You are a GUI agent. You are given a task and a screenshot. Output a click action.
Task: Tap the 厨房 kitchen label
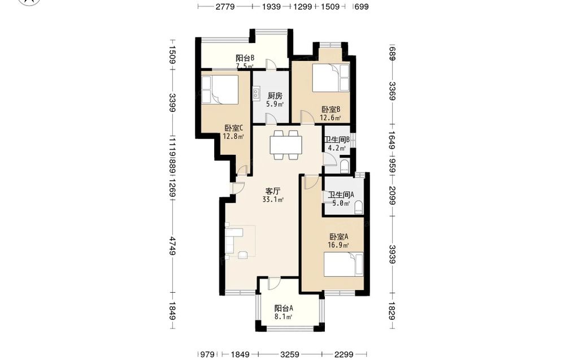pos(275,96)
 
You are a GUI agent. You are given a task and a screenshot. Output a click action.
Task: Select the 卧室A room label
pos(338,237)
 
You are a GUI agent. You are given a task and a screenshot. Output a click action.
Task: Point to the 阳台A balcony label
pos(284,309)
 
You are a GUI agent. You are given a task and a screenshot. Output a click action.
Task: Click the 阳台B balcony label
pos(245,58)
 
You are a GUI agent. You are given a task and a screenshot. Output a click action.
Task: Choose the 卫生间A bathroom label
pos(341,194)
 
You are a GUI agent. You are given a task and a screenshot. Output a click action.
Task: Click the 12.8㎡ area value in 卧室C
pos(233,137)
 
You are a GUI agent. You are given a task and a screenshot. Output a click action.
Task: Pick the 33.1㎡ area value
pos(273,199)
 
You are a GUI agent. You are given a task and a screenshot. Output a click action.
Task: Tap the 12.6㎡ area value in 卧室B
pos(331,118)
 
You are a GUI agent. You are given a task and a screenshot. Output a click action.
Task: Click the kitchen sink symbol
pos(256,93)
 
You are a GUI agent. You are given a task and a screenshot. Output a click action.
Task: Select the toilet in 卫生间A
pos(359,208)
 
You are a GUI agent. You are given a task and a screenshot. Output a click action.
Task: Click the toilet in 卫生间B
pos(345,166)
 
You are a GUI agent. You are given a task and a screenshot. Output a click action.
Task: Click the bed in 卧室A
pos(344,264)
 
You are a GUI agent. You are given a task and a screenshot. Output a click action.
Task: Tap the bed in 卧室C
pos(219,89)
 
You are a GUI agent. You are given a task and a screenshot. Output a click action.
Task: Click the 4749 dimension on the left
pos(172,246)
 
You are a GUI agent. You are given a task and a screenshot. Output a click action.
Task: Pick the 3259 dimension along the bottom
pos(290,354)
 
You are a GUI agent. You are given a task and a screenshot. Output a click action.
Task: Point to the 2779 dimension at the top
pos(225,6)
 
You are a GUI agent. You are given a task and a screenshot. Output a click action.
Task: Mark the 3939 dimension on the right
pos(392,254)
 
